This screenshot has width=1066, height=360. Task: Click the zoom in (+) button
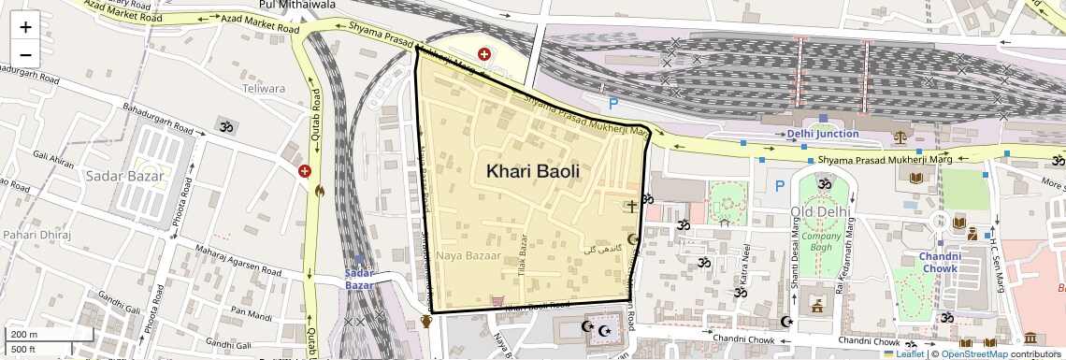[25, 26]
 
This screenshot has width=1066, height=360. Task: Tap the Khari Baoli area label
[532, 171]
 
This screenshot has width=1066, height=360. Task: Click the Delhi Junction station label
[823, 134]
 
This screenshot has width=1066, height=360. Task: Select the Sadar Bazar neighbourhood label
[123, 176]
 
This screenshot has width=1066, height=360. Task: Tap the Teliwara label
[263, 89]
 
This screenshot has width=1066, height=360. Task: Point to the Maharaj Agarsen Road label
[224, 259]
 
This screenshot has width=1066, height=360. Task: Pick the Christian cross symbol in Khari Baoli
[632, 205]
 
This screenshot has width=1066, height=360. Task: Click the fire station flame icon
[320, 192]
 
